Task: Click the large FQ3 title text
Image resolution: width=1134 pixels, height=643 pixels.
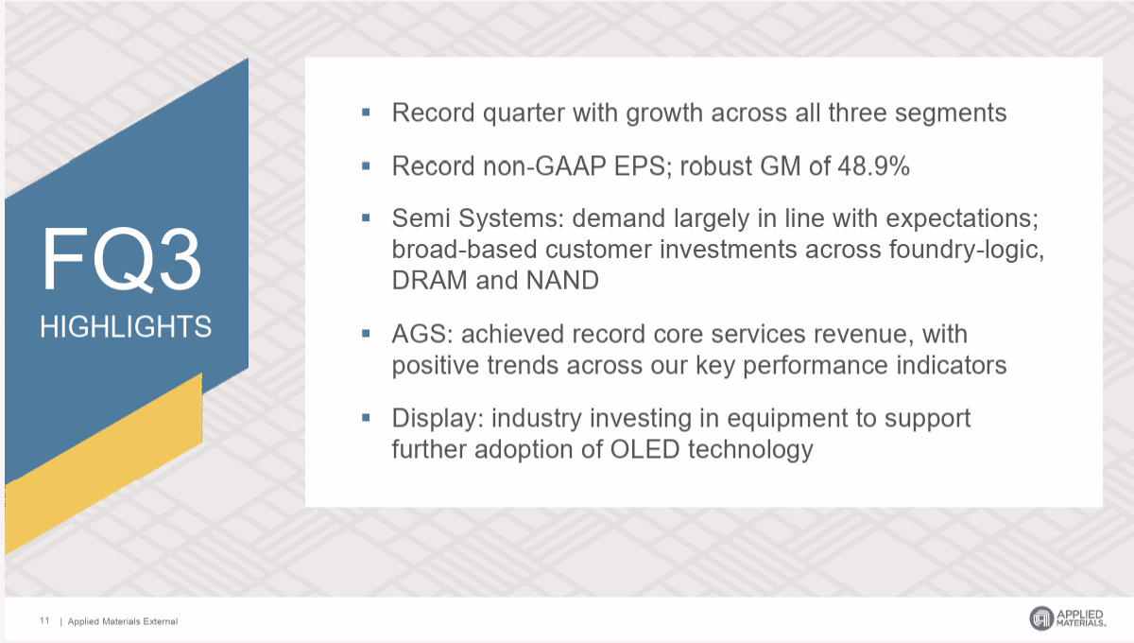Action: pos(121,261)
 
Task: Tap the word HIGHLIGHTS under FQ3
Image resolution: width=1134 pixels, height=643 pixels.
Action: pos(126,327)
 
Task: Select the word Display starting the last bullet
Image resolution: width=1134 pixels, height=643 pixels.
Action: pos(436,418)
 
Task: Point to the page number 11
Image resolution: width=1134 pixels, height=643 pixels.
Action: pos(44,620)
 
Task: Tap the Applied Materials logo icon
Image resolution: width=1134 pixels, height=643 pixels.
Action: pos(1040,618)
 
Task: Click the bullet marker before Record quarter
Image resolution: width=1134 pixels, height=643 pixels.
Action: pos(366,113)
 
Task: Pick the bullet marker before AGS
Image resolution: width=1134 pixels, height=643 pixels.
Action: pos(366,334)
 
